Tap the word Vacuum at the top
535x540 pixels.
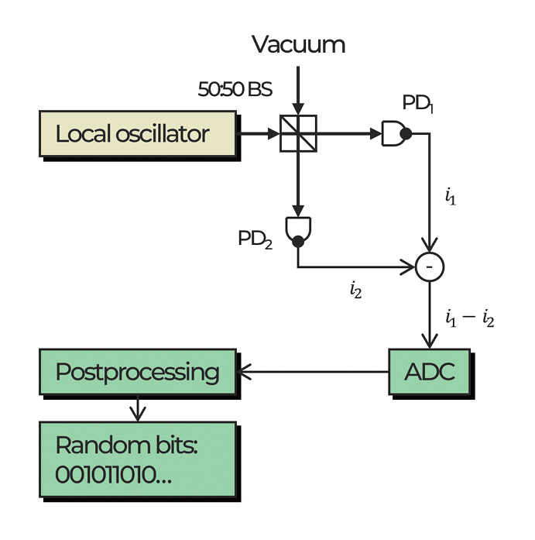298,44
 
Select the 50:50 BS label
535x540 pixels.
235,89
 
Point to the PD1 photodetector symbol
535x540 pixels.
396,134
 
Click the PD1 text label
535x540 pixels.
417,104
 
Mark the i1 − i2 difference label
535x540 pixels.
469,318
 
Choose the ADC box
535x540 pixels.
429,372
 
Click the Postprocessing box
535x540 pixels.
138,372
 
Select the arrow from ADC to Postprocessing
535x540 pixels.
313,372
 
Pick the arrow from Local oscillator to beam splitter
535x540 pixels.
259,134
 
